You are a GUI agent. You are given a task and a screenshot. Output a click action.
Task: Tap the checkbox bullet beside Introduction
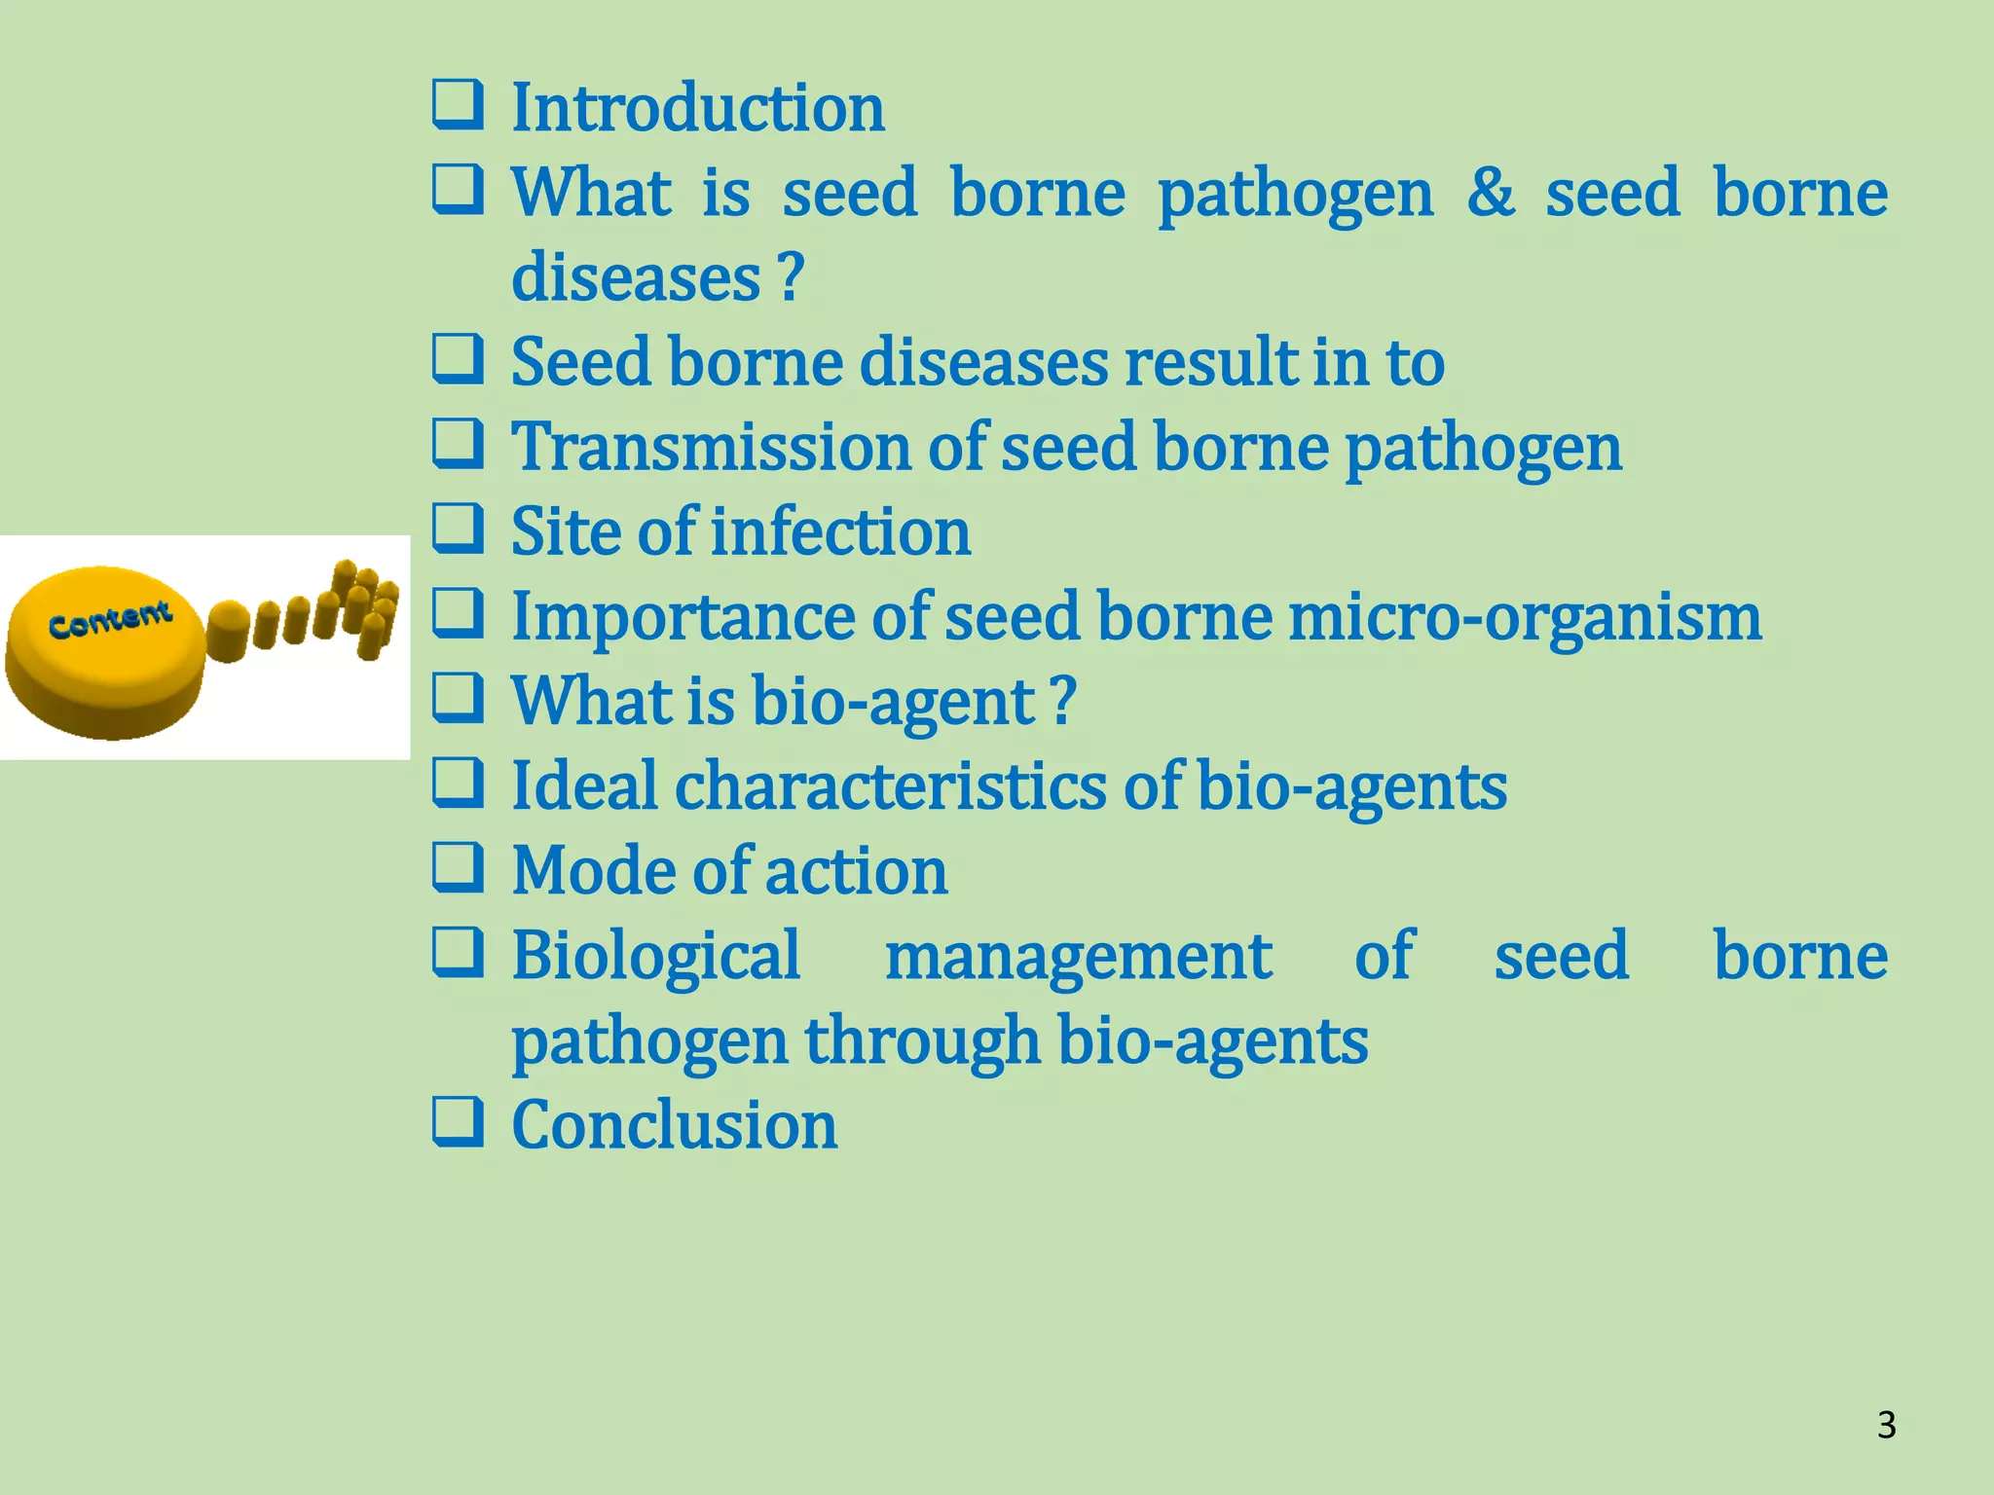click(458, 105)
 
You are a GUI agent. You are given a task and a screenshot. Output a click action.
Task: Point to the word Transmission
click(711, 448)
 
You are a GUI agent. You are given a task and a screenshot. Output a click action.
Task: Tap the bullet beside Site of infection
click(458, 529)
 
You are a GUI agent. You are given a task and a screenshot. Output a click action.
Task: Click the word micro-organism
click(1525, 617)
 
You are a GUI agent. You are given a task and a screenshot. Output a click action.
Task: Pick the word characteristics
click(890, 786)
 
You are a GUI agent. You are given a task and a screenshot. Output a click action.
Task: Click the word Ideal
click(584, 786)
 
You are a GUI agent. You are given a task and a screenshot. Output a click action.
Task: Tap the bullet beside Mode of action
click(458, 867)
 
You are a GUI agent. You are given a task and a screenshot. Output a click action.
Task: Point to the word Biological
click(656, 956)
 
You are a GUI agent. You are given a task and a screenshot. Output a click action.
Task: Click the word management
click(1077, 956)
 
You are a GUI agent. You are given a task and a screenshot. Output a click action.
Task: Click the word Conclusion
click(674, 1125)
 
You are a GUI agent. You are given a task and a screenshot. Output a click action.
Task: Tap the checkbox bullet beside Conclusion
click(458, 1121)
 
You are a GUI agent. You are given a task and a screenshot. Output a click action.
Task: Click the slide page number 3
click(1886, 1425)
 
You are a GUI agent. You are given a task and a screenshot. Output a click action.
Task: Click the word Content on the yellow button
click(110, 620)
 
